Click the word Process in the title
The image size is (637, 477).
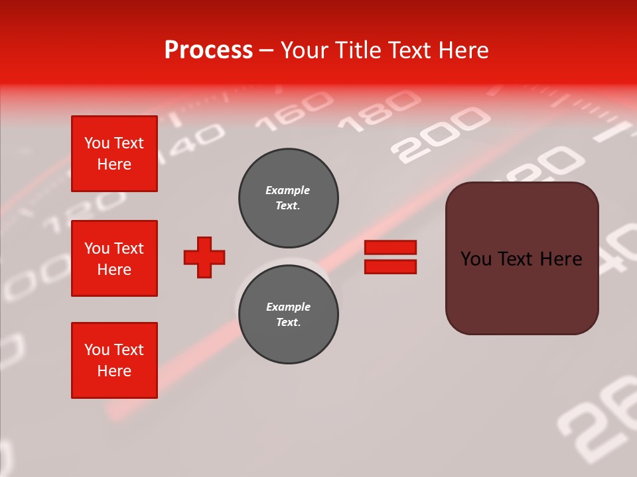[208, 50]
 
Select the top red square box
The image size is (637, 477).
[114, 154]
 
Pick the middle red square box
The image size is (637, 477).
[114, 258]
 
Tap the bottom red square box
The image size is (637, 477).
[114, 360]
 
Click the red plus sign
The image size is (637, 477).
[204, 257]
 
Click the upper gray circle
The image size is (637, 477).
[288, 197]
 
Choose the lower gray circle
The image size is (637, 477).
[288, 314]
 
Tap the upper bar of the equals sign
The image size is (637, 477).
[390, 248]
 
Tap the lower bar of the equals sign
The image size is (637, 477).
[390, 266]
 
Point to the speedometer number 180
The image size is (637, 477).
[379, 109]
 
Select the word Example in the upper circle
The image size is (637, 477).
[287, 190]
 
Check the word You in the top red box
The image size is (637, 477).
[97, 143]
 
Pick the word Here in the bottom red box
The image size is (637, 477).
[114, 371]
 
